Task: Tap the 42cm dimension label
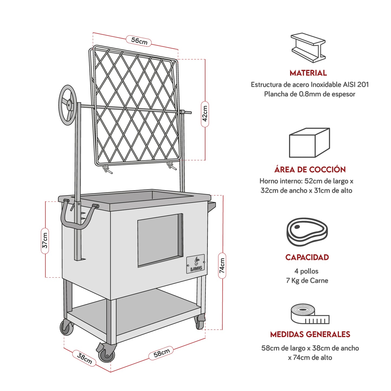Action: (205, 114)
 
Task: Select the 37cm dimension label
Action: (45, 241)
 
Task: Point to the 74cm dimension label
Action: (222, 265)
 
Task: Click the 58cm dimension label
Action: (162, 353)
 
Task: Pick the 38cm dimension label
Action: (84, 358)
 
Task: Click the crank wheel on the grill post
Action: (68, 105)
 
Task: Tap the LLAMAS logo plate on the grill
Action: (196, 264)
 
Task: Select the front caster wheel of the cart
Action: (106, 354)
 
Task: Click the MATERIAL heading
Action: (308, 73)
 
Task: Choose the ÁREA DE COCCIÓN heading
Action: (310, 170)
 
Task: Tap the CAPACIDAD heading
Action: (307, 257)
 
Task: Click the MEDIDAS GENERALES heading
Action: (310, 334)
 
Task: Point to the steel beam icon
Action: (308, 48)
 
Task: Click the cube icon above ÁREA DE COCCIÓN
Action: (309, 143)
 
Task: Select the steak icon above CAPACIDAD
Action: (307, 232)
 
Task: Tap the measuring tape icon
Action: (310, 314)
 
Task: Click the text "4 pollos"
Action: (306, 271)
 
